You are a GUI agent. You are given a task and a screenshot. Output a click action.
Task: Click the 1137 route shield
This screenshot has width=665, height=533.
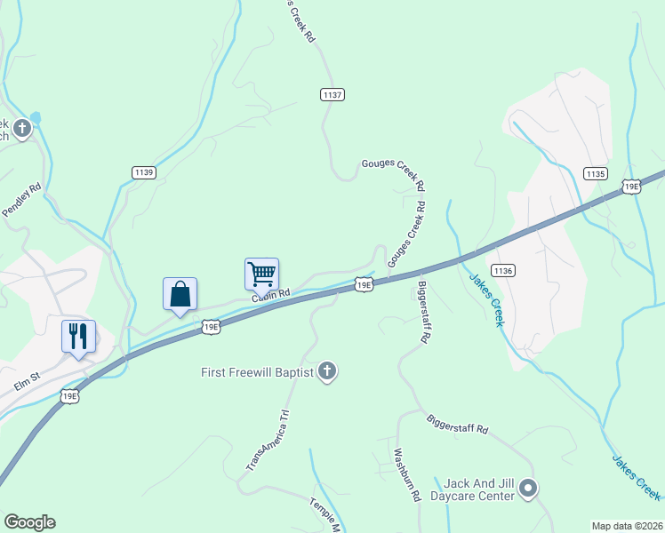tap(332, 94)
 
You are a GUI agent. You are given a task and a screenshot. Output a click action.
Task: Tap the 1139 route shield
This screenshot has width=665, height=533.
tap(143, 172)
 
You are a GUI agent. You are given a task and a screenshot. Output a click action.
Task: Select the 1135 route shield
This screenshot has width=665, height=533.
tap(596, 172)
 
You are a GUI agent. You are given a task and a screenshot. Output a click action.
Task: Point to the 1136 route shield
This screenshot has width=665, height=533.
tap(502, 270)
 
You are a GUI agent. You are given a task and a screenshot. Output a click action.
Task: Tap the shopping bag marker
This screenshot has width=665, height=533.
tap(180, 294)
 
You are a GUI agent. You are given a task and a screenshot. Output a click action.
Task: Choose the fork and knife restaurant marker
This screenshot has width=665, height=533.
tap(78, 336)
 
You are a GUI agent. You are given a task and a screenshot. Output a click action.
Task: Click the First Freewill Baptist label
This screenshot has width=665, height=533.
tap(257, 372)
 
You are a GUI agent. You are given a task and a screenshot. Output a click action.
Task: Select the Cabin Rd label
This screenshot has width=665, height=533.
tap(271, 294)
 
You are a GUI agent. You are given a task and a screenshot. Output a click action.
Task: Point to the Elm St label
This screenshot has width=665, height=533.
tap(27, 379)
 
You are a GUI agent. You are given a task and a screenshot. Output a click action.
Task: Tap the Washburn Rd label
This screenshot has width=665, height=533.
tap(404, 475)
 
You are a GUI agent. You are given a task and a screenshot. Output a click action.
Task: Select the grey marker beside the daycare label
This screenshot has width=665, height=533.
tap(528, 488)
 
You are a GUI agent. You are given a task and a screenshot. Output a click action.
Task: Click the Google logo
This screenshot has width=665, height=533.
tap(29, 522)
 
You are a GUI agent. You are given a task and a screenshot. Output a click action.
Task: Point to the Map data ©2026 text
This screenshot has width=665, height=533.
tap(627, 526)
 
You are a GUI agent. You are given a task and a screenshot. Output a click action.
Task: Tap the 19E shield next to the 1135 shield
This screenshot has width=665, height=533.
tap(631, 186)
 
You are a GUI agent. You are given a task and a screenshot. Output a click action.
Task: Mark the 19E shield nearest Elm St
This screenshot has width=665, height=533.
tap(71, 395)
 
